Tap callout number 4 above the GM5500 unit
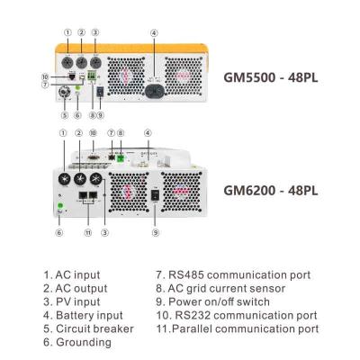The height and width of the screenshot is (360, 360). tap(153, 33)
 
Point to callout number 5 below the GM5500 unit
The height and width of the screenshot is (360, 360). tap(64, 114)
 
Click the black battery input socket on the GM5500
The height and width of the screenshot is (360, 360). tap(154, 88)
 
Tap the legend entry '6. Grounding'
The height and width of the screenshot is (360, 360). tap(77, 342)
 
